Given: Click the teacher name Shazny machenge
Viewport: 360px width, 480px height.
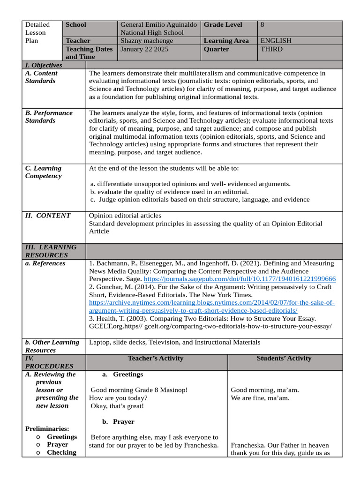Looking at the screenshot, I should coord(147,41).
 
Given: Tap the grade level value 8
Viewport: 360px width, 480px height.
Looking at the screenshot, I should coord(262,25).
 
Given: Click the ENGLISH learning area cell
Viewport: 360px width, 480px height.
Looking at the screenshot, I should coord(276,41).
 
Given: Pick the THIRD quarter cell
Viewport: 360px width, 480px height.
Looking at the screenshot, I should coord(272,49).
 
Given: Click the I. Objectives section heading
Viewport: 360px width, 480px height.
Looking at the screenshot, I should coord(44,65).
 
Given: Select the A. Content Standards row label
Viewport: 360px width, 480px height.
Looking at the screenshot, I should coord(41,77).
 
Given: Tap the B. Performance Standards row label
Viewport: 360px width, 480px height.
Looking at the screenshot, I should coord(49,117).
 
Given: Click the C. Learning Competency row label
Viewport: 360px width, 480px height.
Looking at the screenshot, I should coord(43,172).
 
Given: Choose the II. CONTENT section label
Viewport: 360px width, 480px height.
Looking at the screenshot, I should coord(48,216).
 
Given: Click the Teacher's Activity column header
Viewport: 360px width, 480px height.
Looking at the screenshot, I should coord(156,359).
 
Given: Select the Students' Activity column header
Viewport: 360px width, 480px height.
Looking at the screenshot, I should coord(284,359).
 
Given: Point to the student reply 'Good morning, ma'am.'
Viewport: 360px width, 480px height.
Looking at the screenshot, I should coord(265,390).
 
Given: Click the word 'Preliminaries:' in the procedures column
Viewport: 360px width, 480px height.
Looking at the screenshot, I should coord(47,428).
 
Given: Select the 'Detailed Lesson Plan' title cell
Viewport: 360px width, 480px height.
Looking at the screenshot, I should coord(37,32).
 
